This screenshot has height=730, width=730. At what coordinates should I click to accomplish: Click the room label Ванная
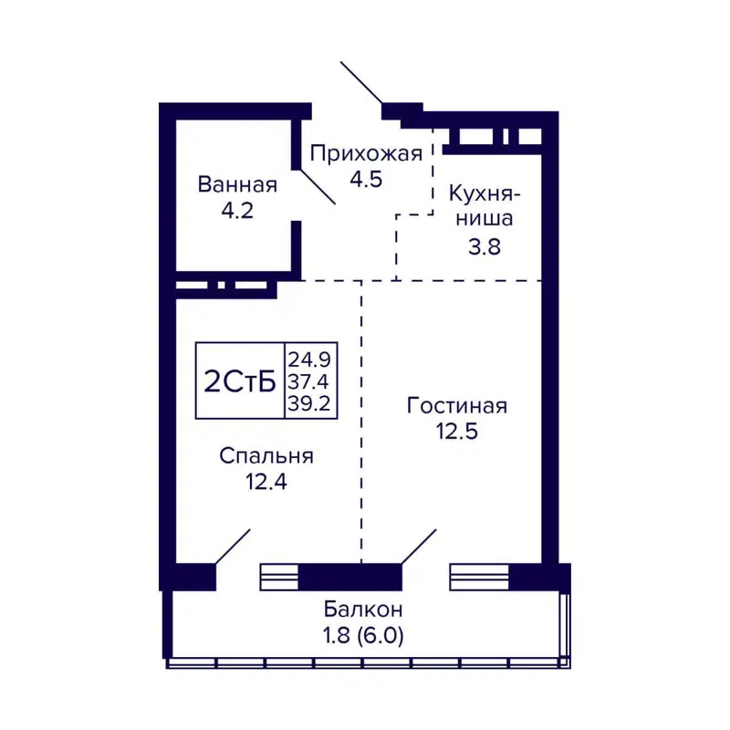(237, 185)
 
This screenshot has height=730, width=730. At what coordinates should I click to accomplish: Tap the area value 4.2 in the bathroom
(237, 211)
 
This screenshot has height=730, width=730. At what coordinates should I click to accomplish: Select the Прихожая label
(366, 153)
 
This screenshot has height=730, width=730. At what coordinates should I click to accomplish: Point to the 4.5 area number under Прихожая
(366, 178)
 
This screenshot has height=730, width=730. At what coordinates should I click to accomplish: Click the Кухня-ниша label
(483, 206)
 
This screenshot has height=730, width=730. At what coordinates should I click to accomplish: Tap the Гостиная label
(456, 405)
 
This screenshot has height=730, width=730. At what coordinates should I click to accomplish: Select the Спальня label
(266, 456)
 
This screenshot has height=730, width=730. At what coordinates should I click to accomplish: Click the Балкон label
(363, 610)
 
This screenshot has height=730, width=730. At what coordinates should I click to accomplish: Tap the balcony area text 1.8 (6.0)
(363, 634)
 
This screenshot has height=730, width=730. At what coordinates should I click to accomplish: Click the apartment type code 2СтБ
(240, 381)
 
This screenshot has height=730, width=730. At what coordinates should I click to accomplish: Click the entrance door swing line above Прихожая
(361, 83)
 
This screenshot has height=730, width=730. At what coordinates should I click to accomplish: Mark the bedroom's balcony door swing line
(233, 546)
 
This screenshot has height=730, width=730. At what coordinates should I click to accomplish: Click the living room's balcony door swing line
(419, 546)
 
